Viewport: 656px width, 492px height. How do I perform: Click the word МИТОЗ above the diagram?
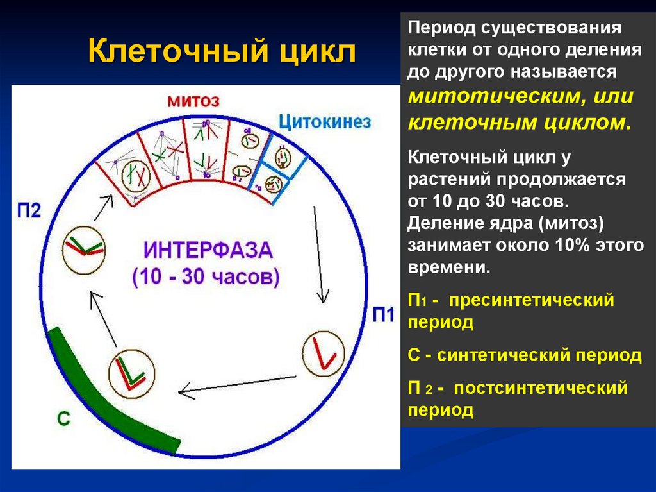point(193,101)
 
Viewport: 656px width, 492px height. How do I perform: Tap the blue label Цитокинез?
point(325,122)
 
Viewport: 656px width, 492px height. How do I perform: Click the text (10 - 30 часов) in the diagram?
point(206,276)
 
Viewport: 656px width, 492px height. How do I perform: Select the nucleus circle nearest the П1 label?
point(323,357)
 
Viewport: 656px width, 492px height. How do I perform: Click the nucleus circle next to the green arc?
point(132,375)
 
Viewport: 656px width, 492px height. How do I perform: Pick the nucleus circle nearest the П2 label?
point(84,247)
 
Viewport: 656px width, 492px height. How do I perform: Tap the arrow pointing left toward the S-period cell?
point(237,383)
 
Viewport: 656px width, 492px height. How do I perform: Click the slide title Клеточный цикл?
point(222,51)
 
